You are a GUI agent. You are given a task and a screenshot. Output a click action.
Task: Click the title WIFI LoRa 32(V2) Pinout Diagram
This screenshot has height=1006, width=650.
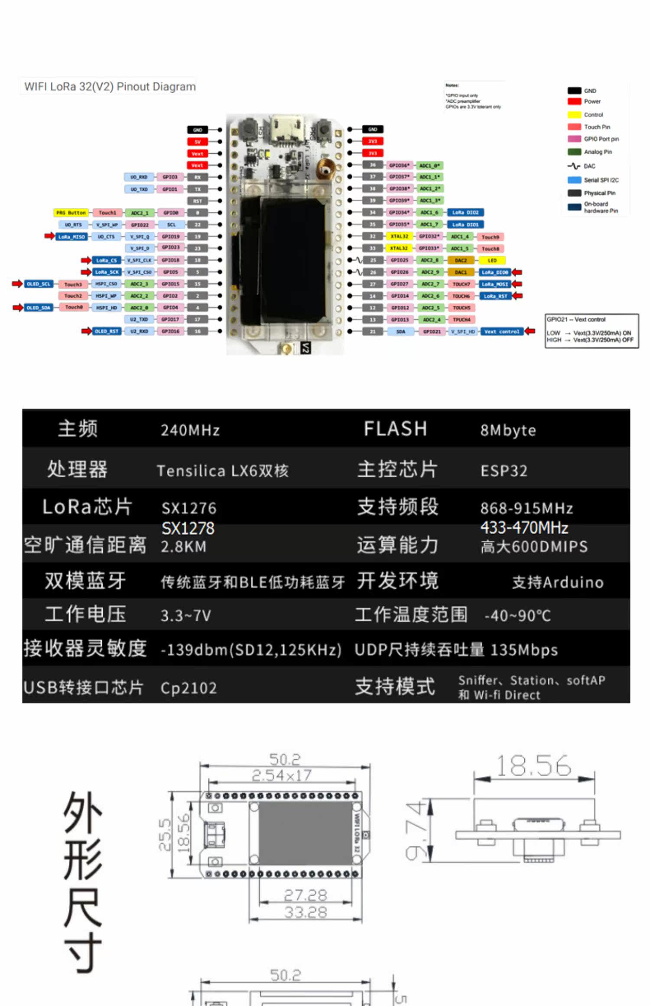click(110, 87)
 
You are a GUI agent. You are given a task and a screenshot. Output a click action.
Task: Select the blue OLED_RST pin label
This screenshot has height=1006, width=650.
click(106, 331)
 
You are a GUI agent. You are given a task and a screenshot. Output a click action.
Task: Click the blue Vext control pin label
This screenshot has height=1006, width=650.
click(502, 331)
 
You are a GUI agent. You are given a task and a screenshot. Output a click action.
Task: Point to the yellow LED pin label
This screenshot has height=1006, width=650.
click(492, 260)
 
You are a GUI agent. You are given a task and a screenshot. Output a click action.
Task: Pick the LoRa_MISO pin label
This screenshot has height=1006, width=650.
click(71, 237)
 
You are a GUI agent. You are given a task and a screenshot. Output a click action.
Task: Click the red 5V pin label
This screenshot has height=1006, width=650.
click(198, 142)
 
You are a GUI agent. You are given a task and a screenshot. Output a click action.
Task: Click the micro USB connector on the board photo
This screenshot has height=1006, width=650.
click(284, 130)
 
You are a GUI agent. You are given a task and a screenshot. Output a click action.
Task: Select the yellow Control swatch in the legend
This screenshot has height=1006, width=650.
click(574, 115)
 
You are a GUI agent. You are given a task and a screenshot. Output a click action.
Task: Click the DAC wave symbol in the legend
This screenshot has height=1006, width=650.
click(574, 166)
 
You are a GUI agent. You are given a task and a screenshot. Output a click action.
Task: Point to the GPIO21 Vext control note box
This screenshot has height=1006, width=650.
click(591, 331)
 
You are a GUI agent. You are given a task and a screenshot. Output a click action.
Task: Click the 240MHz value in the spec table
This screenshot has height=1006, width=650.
click(190, 430)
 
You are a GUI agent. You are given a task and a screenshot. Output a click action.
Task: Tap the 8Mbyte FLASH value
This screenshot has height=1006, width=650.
click(508, 430)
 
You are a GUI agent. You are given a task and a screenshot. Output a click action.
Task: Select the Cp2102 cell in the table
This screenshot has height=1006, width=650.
click(188, 688)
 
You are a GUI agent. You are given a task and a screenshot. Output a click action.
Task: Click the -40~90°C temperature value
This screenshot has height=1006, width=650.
click(517, 615)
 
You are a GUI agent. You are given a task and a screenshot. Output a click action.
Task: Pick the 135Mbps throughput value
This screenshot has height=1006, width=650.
click(524, 650)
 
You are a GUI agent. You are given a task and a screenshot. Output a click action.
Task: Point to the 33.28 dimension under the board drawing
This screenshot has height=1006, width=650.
click(305, 912)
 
